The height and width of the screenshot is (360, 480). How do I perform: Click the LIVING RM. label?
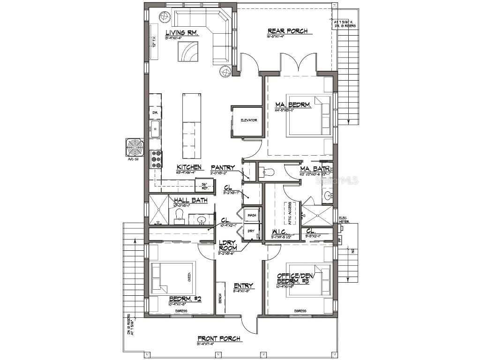click(x=182, y=33)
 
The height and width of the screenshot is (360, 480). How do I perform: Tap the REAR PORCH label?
click(x=287, y=31)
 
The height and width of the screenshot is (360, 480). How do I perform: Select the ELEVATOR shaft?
click(x=247, y=121)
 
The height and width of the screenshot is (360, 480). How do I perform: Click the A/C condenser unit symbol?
click(x=134, y=147)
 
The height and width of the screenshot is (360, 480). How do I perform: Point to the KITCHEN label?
click(x=189, y=167)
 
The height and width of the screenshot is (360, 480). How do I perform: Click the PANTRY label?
click(x=223, y=167)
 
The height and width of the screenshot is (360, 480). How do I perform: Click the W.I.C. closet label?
click(x=281, y=232)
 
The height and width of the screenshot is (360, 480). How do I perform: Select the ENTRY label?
click(x=243, y=285)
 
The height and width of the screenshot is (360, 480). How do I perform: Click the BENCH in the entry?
click(x=220, y=298)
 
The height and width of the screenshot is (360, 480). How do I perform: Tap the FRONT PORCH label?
click(x=219, y=338)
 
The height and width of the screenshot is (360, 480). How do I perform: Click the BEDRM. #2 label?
click(x=185, y=298)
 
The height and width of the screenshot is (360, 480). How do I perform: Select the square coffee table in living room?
click(x=188, y=52)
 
